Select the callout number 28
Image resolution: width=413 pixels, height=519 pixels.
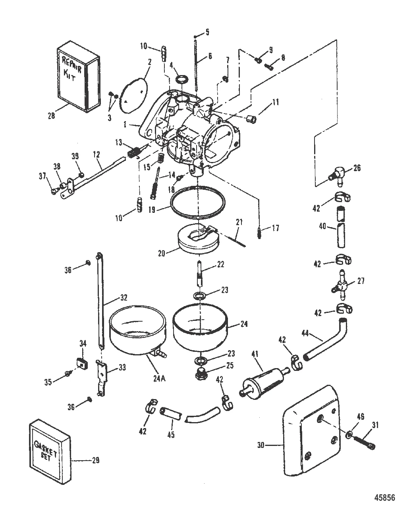[x=51, y=116]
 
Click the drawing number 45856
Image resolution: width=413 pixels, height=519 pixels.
[x=386, y=498]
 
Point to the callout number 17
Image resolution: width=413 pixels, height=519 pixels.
[x=275, y=228]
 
